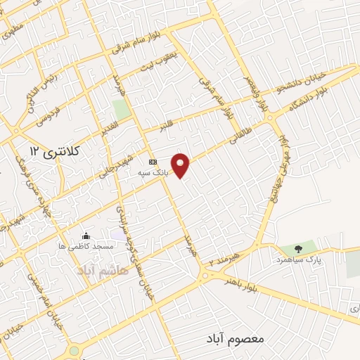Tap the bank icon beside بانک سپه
coord(153,161)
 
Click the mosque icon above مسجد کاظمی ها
coord(86,236)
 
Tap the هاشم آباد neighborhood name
coord(98,269)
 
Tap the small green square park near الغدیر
coord(122,109)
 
